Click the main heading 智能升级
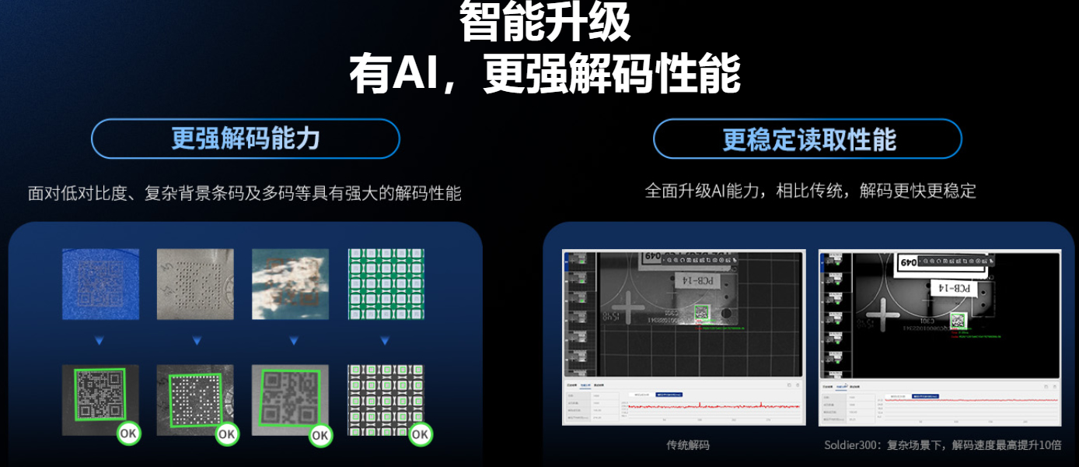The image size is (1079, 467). (544, 22)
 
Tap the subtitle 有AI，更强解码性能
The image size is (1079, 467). (544, 74)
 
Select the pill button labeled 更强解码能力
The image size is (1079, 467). (246, 139)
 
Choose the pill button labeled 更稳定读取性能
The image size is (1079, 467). (808, 139)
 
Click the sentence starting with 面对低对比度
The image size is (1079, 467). (244, 193)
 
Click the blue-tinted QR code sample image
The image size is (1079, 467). (101, 284)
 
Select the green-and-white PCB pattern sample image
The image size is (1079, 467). (386, 284)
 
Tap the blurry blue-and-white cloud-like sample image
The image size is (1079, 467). (291, 284)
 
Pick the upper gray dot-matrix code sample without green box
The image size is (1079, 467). (196, 284)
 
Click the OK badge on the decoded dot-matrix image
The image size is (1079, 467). (227, 434)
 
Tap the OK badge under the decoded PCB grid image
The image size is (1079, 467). (420, 434)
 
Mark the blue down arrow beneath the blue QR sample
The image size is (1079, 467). (100, 341)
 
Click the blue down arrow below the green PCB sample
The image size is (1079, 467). (385, 341)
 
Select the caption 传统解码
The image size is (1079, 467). (687, 445)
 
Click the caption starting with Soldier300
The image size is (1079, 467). (942, 445)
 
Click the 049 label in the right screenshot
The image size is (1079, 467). (907, 263)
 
